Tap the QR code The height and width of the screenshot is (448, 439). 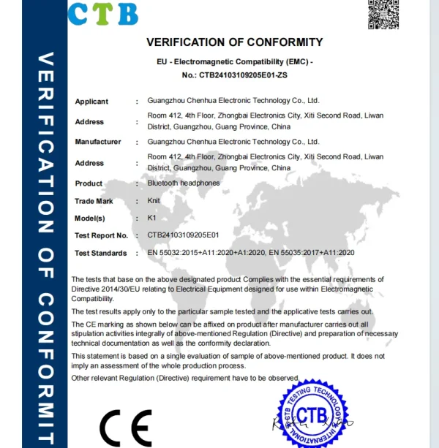pyautogui.click(x=383, y=14)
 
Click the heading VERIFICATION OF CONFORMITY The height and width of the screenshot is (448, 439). pyautogui.click(x=234, y=42)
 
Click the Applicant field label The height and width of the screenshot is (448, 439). pyautogui.click(x=91, y=102)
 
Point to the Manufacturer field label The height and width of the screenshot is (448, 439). pyautogui.click(x=98, y=142)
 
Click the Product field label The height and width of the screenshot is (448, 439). pyautogui.click(x=89, y=183)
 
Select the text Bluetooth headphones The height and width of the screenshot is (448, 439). pyautogui.click(x=184, y=183)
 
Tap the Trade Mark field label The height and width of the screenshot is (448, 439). pyautogui.click(x=94, y=201)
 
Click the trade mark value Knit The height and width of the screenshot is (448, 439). pyautogui.click(x=154, y=200)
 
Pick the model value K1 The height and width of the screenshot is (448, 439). pyautogui.click(x=151, y=218)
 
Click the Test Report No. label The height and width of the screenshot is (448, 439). pyautogui.click(x=101, y=235)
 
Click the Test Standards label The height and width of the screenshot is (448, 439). pyautogui.click(x=101, y=253)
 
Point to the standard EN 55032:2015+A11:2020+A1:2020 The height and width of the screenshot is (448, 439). pyautogui.click(x=206, y=253)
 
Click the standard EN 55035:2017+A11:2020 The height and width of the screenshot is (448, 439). pyautogui.click(x=312, y=253)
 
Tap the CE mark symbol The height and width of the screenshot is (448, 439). pyautogui.click(x=126, y=428)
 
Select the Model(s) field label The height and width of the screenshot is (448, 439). pyautogui.click(x=90, y=219)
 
